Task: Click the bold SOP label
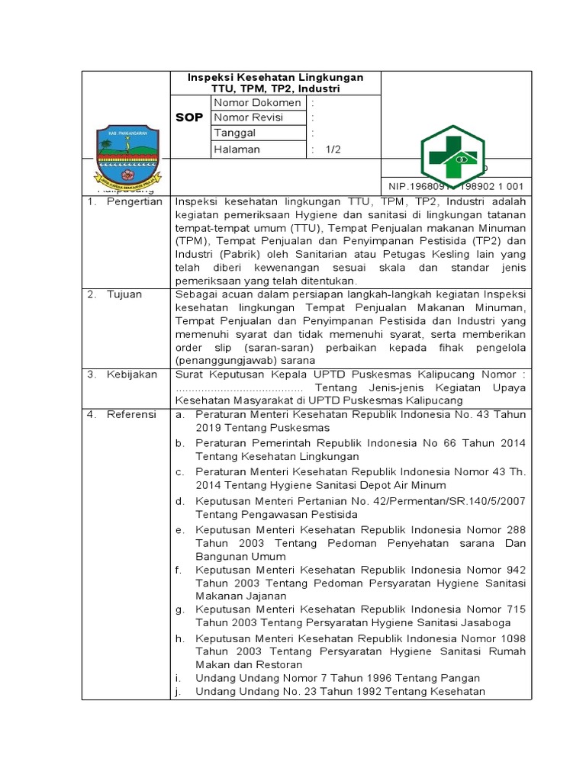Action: pos(189,117)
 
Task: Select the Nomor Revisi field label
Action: pos(249,117)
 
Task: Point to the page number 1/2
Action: pos(333,149)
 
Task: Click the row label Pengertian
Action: pos(134,201)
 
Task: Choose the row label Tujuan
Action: pos(124,294)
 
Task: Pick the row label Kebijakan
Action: pos(131,374)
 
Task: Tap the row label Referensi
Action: pos(131,414)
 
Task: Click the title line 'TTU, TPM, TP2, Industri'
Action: pos(275,88)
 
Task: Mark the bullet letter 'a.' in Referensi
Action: pos(179,414)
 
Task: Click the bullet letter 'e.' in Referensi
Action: pos(179,529)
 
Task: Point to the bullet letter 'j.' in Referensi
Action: pos(178,691)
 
